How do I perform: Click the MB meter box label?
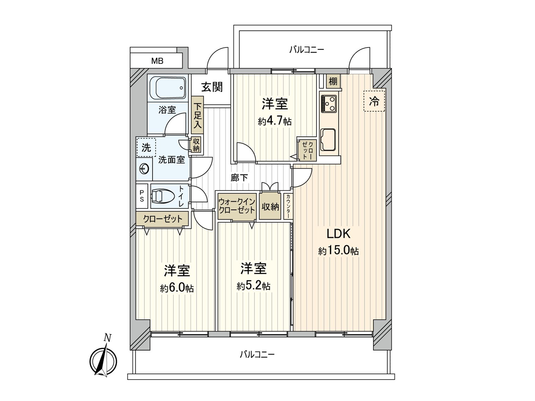[157, 61]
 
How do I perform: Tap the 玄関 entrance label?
[212, 87]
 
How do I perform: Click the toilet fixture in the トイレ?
[163, 196]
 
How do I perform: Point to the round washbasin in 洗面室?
[144, 168]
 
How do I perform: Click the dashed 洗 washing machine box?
[146, 147]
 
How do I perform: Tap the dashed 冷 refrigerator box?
[374, 101]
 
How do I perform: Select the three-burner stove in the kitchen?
[329, 104]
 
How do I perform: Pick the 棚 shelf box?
[333, 81]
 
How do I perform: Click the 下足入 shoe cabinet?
[197, 115]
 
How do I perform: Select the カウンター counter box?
[288, 206]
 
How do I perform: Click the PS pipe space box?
[142, 196]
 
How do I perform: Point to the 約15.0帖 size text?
[338, 251]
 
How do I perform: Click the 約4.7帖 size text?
[275, 121]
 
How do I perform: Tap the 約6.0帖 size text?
[177, 288]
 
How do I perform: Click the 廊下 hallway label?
[239, 178]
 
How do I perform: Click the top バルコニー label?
[307, 50]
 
